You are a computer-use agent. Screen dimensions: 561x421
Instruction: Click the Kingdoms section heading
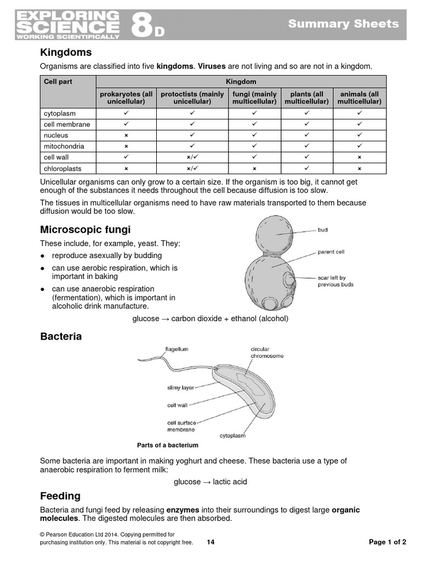point(66,53)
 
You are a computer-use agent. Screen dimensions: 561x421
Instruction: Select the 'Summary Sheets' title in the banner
point(343,24)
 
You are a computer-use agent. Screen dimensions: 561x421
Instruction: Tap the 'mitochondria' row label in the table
point(64,146)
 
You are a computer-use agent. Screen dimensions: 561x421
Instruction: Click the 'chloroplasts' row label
point(62,169)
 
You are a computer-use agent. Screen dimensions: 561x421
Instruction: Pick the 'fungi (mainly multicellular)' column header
point(254,98)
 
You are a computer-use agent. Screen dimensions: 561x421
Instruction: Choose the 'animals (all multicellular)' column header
point(359,98)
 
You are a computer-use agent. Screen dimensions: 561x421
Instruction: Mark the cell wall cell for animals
point(359,157)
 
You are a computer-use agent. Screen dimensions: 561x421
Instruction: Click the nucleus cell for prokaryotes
point(126,135)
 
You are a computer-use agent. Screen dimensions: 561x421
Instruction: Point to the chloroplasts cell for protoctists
point(192,169)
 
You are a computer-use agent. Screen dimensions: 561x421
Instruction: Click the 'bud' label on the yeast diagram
point(322,230)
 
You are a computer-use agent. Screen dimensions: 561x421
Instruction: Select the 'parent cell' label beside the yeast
point(331,252)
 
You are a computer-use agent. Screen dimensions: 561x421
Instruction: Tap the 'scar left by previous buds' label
point(335,281)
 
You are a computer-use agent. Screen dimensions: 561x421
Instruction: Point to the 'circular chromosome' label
point(267,352)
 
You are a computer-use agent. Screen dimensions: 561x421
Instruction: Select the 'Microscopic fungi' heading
point(85,229)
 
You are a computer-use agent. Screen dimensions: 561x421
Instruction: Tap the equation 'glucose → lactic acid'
point(210,482)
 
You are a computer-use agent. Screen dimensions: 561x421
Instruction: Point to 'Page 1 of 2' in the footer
point(387,542)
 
